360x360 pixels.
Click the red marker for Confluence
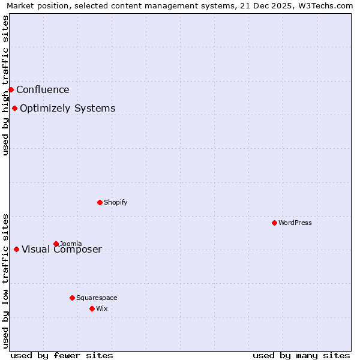(11, 89)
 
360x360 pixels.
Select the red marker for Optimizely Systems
(14, 108)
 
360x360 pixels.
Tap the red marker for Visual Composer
(16, 249)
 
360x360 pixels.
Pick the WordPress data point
(274, 223)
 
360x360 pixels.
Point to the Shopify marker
(100, 202)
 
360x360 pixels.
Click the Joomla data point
(56, 244)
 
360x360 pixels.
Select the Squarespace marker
(72, 298)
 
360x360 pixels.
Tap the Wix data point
(92, 308)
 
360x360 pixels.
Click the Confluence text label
(43, 90)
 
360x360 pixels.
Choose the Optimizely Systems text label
(67, 109)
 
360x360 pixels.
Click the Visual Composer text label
(62, 250)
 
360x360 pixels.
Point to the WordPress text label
(295, 223)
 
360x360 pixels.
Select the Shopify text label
(115, 203)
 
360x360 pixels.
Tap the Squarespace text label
(97, 298)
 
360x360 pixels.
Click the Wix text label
(101, 309)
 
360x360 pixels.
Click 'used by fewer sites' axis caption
(62, 355)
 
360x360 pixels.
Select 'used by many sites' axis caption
(301, 355)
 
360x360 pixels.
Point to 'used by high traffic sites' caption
(5, 85)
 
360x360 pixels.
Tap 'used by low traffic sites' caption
(5, 280)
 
